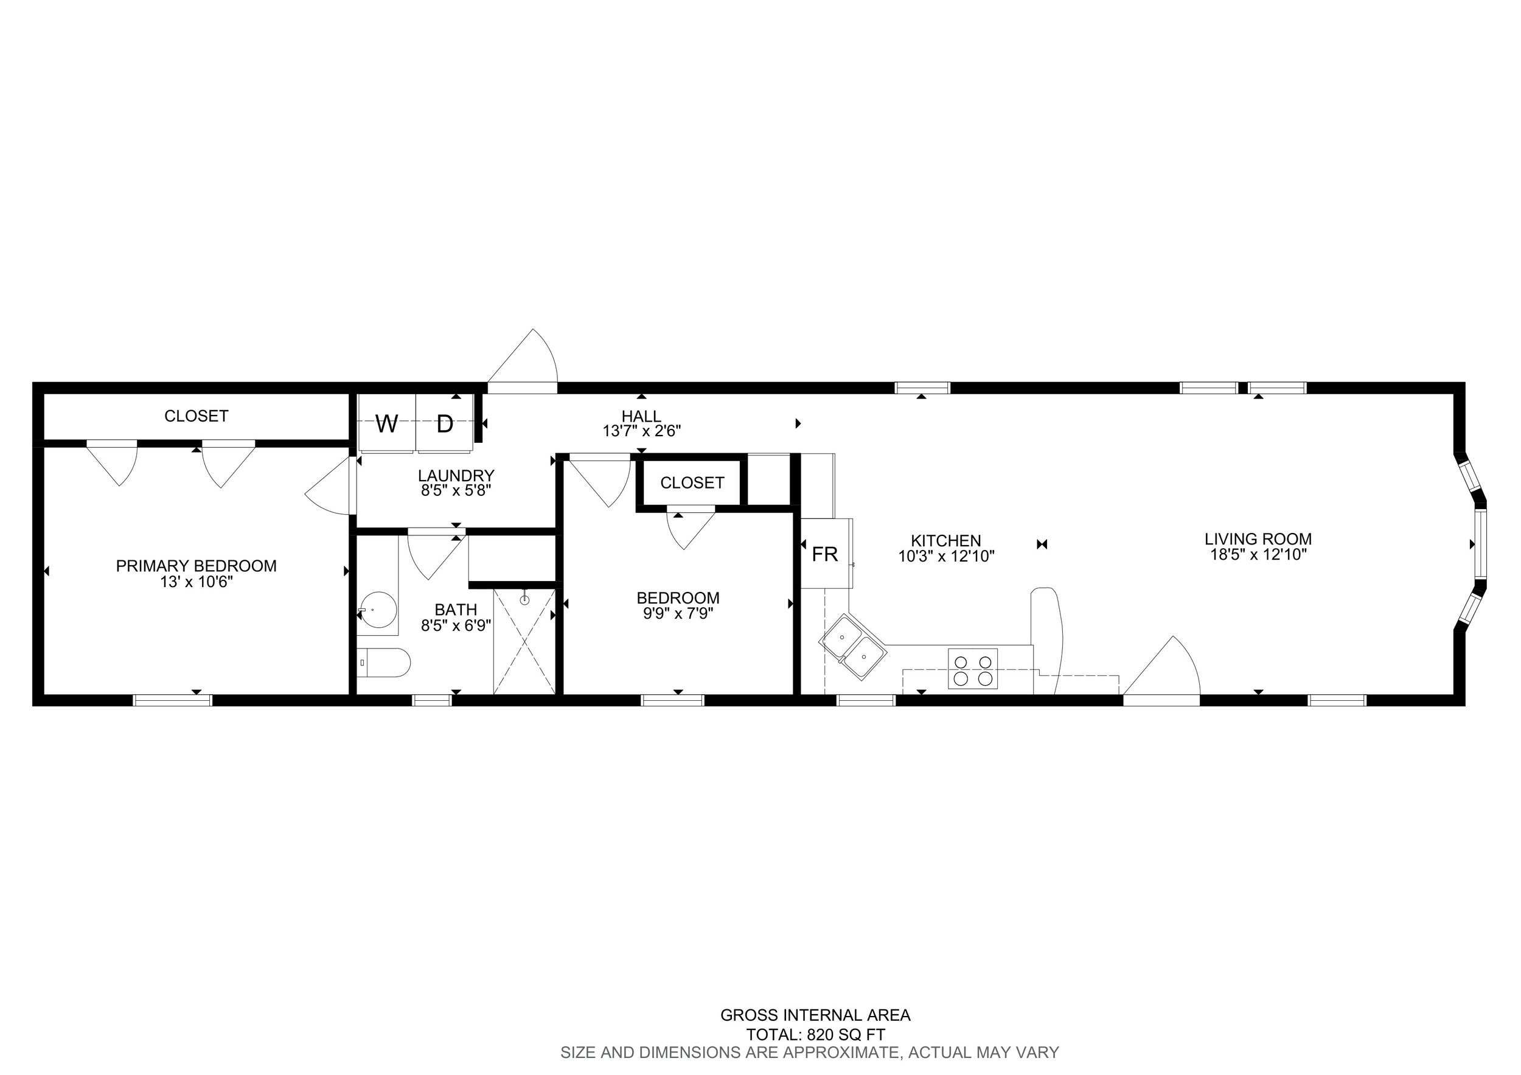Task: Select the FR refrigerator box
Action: (x=826, y=554)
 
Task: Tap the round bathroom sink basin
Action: (x=380, y=610)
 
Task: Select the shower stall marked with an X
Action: (x=524, y=641)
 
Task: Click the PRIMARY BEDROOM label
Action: (x=196, y=566)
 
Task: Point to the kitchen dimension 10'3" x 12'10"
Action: (x=946, y=557)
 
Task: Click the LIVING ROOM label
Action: (x=1258, y=539)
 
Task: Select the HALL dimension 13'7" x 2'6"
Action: (x=641, y=431)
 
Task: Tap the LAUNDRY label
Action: (x=456, y=476)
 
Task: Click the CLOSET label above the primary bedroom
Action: (x=196, y=416)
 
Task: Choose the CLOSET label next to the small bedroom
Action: (x=692, y=483)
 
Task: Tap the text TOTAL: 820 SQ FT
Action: (x=815, y=1035)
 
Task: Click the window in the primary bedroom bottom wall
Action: (x=173, y=700)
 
